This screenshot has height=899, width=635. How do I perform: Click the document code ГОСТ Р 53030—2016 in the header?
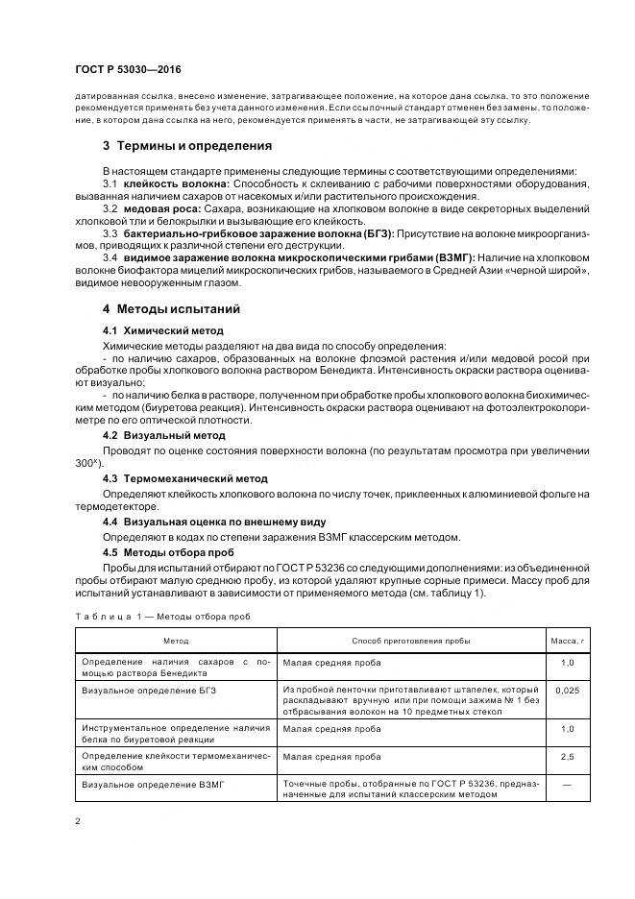[x=127, y=70]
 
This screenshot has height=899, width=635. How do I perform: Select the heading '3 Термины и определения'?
[x=186, y=146]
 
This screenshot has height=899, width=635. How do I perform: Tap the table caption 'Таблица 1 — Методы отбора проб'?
[x=162, y=616]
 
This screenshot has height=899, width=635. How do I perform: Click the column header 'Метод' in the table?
[x=176, y=640]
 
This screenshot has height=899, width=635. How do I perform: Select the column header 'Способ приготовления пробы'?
[x=411, y=640]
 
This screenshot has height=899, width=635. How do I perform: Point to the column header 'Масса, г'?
[x=567, y=640]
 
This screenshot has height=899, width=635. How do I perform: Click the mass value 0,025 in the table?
[x=567, y=690]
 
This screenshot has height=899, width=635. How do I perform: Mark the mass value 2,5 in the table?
[x=567, y=757]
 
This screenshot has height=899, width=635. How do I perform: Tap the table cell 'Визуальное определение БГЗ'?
[x=145, y=690]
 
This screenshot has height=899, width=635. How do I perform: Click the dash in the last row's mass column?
[x=567, y=785]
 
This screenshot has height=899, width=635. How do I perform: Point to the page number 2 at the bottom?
[x=78, y=821]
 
